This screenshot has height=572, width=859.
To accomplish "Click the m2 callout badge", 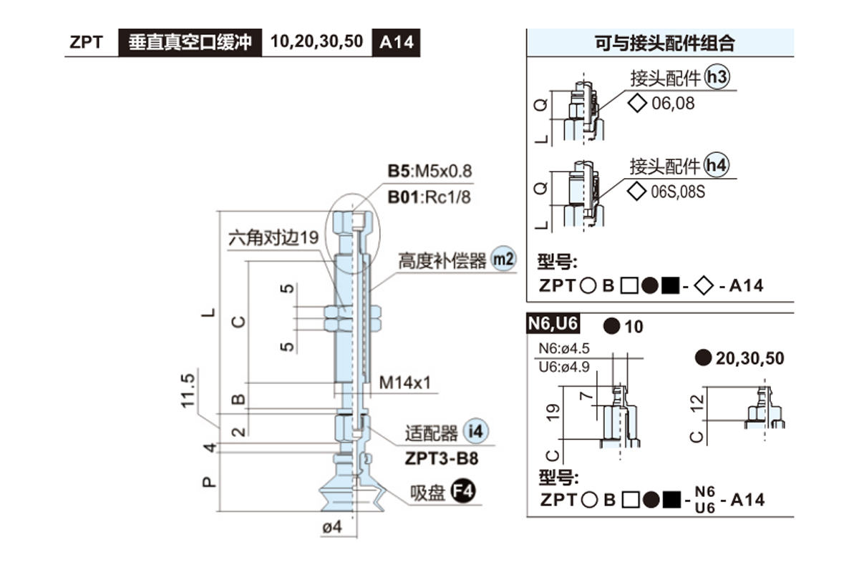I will click(x=503, y=260).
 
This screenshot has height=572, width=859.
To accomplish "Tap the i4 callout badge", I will click(x=475, y=431).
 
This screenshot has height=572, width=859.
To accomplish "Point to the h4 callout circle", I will click(x=717, y=166).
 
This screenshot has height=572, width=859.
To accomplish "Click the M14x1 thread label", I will click(x=405, y=383).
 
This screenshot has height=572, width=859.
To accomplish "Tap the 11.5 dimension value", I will click(x=188, y=391).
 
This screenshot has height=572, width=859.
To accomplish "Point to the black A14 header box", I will click(x=396, y=41).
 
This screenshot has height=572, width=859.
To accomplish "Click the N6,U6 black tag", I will click(x=553, y=325).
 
